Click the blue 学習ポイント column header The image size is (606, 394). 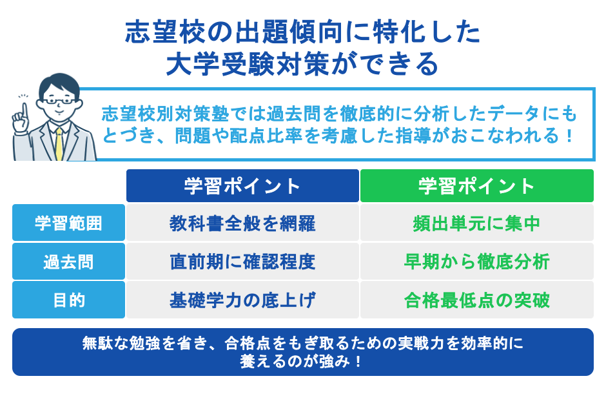click(242, 186)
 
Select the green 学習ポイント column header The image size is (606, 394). click(476, 186)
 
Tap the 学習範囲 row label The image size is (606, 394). click(68, 223)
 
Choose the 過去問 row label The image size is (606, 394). click(68, 262)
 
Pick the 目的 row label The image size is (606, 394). click(68, 300)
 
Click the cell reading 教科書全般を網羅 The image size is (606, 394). click(242, 223)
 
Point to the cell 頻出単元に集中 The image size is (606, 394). click(476, 223)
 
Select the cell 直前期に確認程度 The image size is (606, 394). click(242, 262)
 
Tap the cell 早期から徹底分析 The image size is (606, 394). click(476, 262)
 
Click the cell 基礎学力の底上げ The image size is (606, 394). click(242, 300)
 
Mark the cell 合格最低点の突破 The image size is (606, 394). click(476, 300)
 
